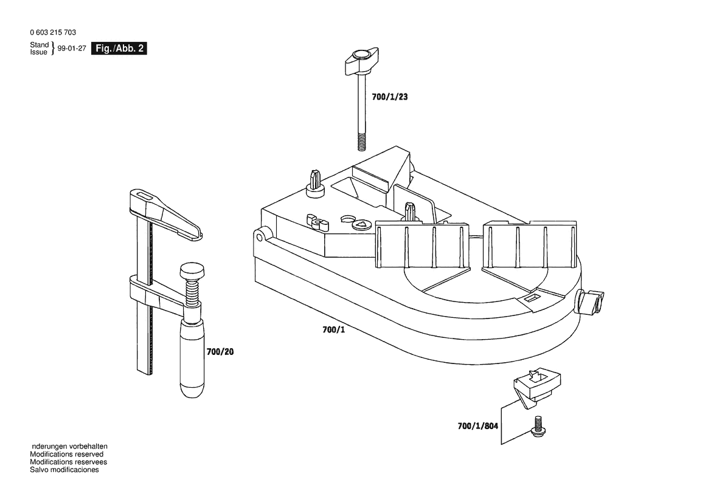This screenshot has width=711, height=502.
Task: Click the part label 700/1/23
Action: tap(390, 96)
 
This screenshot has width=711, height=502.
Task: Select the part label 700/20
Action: tap(220, 352)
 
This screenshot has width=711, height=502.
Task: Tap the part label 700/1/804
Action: tap(477, 426)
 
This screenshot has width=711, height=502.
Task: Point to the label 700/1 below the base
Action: tap(333, 330)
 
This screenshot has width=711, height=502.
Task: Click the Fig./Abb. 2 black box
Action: tap(119, 49)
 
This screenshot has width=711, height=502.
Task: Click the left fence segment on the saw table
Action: tap(423, 244)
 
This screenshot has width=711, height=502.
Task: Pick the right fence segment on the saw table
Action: tap(529, 244)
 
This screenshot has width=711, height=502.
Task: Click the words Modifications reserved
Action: tap(67, 454)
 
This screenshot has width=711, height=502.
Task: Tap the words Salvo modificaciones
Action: tap(64, 470)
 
